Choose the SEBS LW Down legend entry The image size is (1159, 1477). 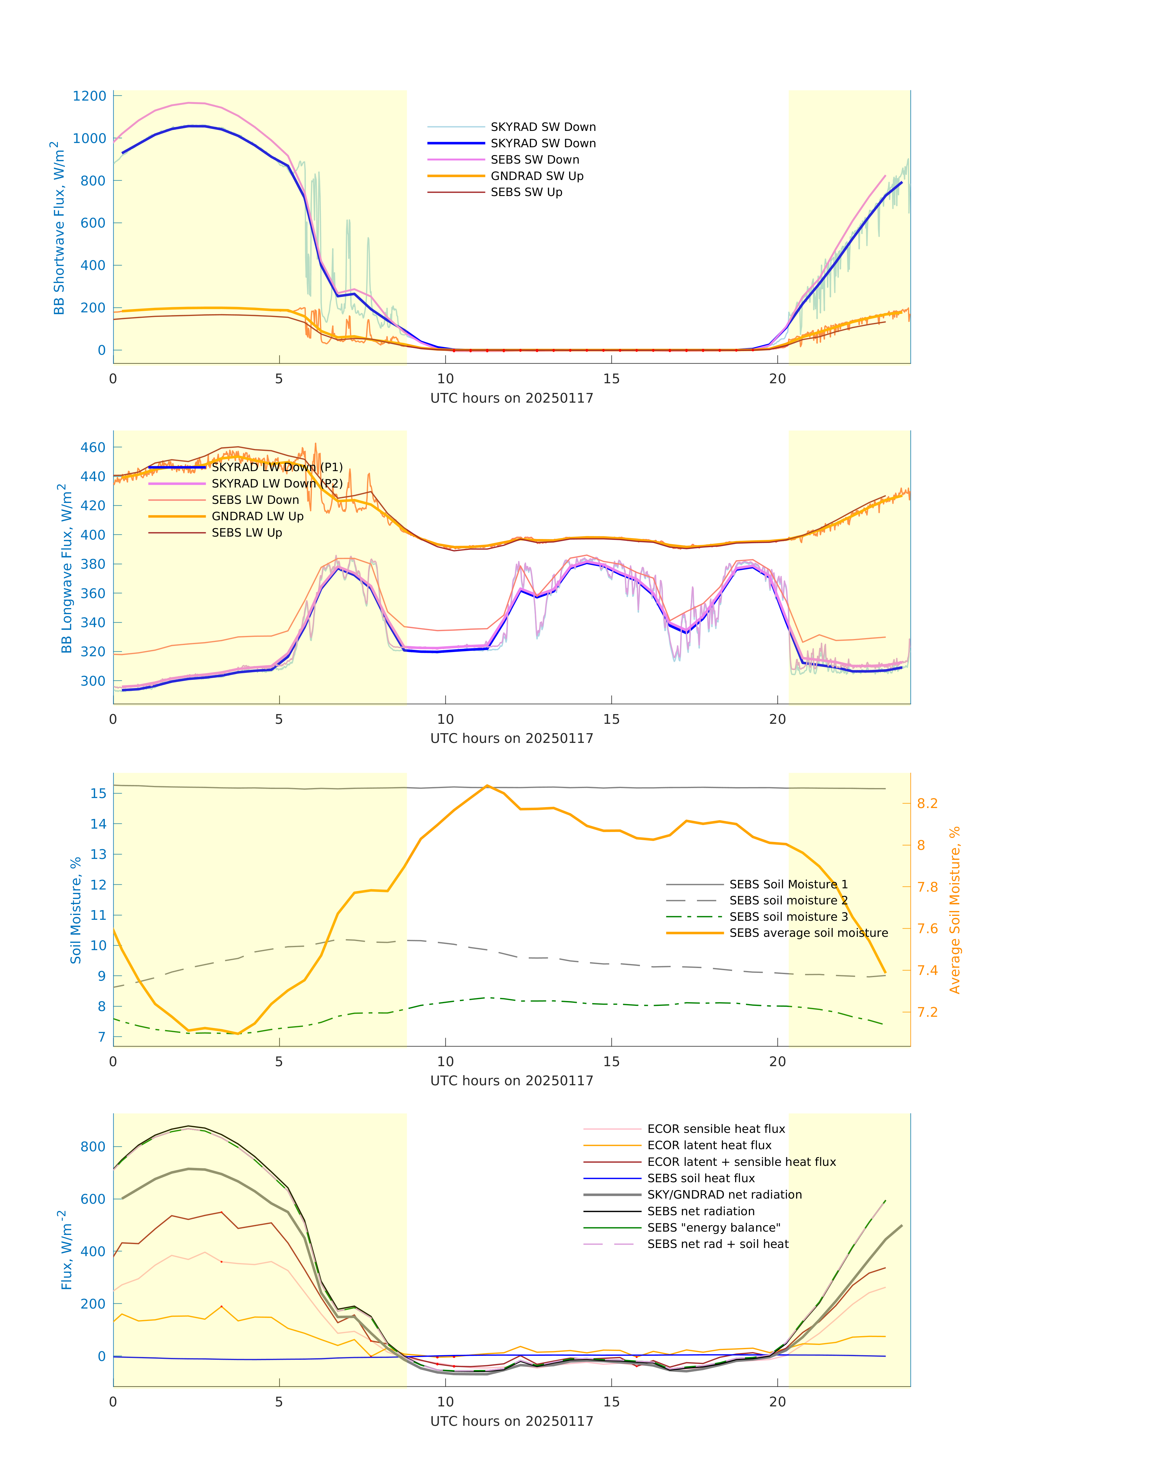tap(255, 500)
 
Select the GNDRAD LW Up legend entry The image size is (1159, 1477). tap(257, 516)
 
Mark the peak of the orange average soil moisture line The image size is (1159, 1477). tap(487, 786)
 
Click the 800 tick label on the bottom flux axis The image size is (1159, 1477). tap(93, 1146)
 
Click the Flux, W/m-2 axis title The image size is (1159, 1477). tap(66, 1250)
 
